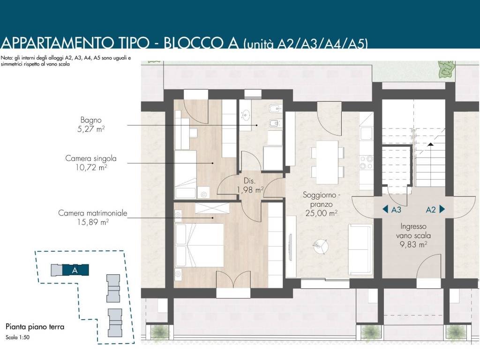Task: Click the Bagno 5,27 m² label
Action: (91, 125)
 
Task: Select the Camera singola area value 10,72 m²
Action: (91, 167)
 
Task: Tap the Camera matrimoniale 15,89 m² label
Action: (92, 217)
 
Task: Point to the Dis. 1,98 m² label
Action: (250, 186)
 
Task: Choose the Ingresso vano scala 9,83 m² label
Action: (413, 235)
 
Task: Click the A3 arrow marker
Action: (392, 210)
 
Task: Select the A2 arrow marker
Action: (435, 210)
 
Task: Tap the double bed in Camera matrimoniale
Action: (199, 245)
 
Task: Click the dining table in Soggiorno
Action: (327, 162)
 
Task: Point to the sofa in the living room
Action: (360, 249)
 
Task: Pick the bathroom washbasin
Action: (246, 115)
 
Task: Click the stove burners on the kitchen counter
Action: (366, 163)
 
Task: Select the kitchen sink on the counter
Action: (366, 134)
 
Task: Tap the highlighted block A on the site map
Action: (75, 270)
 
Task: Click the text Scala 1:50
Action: (17, 337)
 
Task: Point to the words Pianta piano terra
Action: (35, 327)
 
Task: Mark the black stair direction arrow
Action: (430, 144)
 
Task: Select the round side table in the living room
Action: (321, 247)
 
